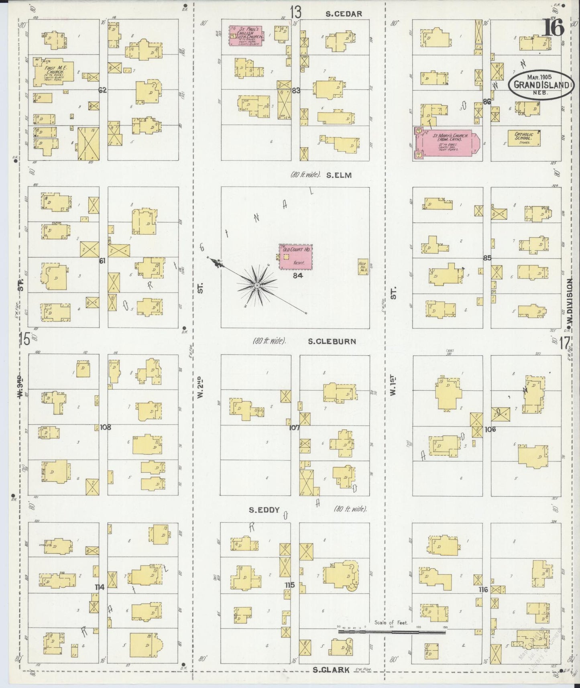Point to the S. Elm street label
[x=339, y=175]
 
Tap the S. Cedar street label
[x=344, y=14]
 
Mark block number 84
[x=297, y=275]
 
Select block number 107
[x=295, y=428]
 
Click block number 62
[x=103, y=90]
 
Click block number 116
[x=483, y=590]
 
